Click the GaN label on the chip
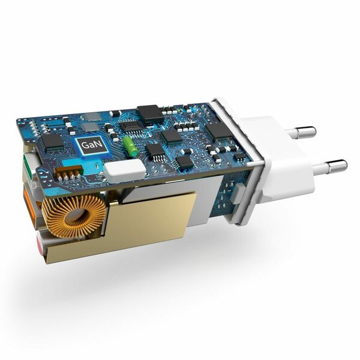92,145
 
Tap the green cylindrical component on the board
130,146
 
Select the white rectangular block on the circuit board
125,170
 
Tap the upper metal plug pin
301,132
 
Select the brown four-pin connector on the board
68,172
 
